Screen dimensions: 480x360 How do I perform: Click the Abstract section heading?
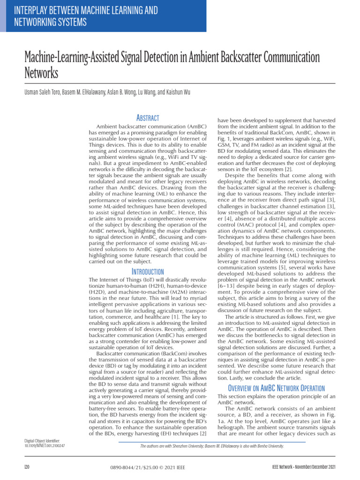click(x=147, y=118)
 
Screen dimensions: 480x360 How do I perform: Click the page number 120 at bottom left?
click(x=27, y=467)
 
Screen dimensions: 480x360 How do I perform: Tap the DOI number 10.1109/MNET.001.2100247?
click(x=45, y=446)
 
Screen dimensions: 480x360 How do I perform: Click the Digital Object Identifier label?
click(x=42, y=441)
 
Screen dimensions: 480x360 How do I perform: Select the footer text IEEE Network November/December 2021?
click(x=304, y=467)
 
